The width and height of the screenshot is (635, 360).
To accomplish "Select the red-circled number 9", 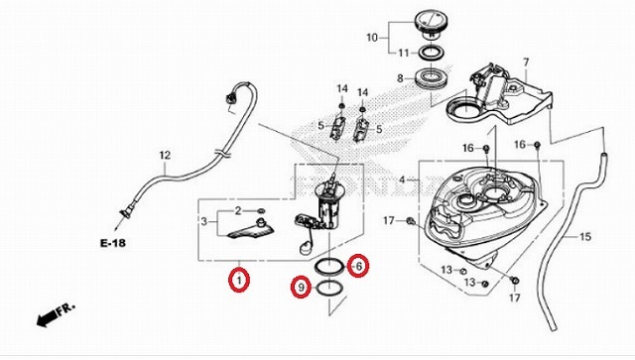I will pos(299,288).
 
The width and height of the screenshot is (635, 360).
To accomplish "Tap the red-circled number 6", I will pos(360,266).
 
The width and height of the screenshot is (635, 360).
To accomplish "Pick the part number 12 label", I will pos(166,155).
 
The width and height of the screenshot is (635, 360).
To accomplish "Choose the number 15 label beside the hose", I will pos(584,237).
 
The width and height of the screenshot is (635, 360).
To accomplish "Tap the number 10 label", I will pos(372,39).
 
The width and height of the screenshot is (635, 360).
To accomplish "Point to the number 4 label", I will pos(403,180).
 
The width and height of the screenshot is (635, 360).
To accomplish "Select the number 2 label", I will pos(238,211).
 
